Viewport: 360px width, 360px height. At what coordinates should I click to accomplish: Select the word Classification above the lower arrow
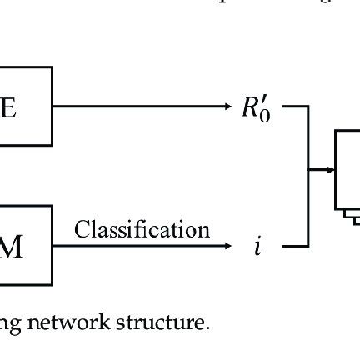tap(142, 229)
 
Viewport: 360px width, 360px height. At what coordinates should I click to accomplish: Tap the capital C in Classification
tap(82, 229)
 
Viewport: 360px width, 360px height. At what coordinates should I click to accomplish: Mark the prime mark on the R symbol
tap(265, 100)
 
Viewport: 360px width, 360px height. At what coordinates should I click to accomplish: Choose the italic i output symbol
tap(258, 246)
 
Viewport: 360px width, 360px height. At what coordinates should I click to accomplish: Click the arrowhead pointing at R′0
tap(231, 107)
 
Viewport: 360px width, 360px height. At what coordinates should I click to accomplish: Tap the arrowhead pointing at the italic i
tap(231, 246)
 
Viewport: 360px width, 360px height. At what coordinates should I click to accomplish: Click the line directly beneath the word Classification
tap(142, 246)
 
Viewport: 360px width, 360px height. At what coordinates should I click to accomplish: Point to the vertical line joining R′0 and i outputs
tap(310, 175)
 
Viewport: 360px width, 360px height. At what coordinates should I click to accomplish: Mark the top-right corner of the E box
tap(52, 68)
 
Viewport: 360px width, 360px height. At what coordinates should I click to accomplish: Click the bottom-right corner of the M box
tap(52, 285)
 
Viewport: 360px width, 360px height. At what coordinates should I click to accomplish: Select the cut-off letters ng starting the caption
tap(10, 323)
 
